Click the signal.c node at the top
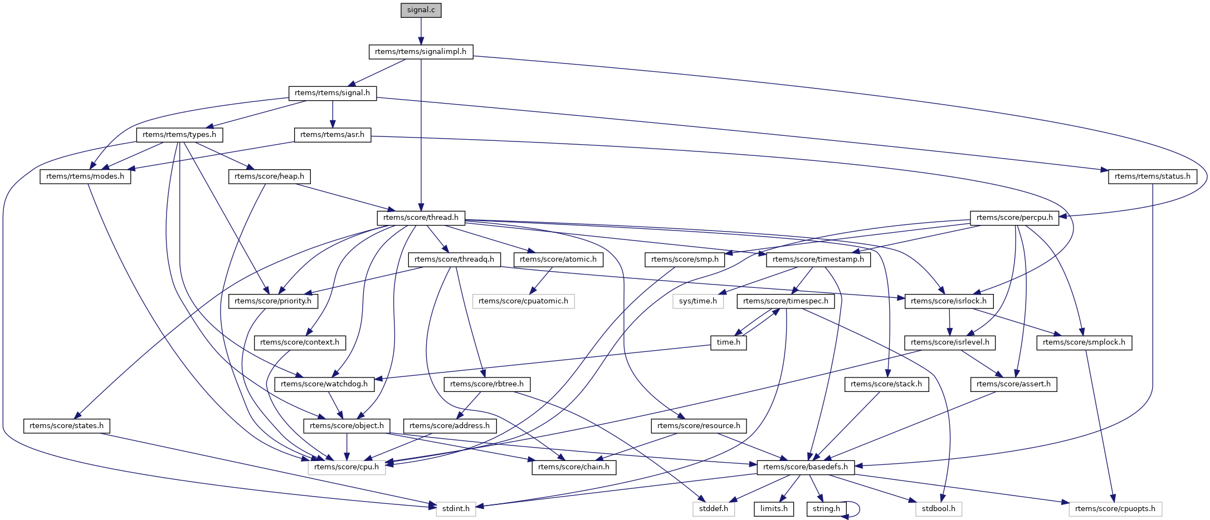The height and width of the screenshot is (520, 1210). [x=421, y=10]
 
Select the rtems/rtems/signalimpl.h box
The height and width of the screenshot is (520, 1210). [x=421, y=52]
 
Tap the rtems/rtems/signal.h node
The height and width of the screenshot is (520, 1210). [x=332, y=93]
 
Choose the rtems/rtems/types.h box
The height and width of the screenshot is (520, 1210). [x=179, y=135]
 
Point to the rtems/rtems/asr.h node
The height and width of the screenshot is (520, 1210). [x=332, y=135]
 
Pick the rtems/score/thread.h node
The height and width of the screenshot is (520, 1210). [x=421, y=218]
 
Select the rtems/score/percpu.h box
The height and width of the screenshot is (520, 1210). [x=1014, y=218]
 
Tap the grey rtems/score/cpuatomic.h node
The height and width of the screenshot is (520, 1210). [x=523, y=301]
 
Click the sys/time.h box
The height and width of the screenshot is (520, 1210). [x=698, y=301]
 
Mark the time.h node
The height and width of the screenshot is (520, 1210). [x=728, y=342]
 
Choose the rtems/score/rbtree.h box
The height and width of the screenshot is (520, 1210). [x=487, y=384]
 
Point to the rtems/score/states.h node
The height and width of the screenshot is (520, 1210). [x=66, y=426]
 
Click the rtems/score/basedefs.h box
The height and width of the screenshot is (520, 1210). [x=806, y=467]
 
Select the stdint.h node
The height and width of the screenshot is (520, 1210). [x=456, y=509]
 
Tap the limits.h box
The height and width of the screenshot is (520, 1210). [x=774, y=509]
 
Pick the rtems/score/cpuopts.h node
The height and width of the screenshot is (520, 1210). [x=1115, y=509]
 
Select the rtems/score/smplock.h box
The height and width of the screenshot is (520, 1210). [x=1084, y=342]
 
